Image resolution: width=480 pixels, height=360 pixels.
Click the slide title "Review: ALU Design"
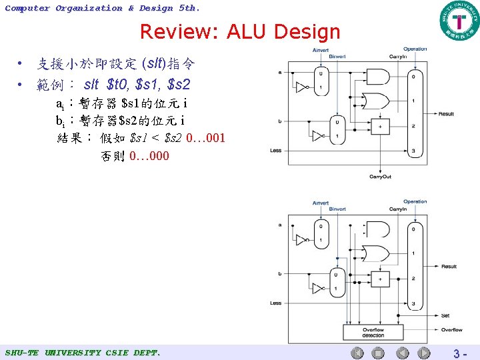tap(240, 31)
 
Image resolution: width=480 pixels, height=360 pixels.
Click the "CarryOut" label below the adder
tap(380, 177)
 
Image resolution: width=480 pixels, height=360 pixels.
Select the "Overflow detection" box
tap(373, 332)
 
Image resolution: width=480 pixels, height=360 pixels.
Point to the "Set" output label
tap(445, 316)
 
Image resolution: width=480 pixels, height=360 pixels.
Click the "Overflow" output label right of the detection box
tap(451, 329)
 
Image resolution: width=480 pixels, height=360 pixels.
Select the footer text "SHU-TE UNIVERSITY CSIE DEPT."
tap(83, 352)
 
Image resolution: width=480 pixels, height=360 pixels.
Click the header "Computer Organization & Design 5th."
tap(102, 8)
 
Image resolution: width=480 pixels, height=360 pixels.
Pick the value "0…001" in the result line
tap(206, 139)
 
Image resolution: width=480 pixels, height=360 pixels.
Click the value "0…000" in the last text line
tap(149, 156)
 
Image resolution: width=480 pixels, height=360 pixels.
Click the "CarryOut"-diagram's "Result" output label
tap(446, 114)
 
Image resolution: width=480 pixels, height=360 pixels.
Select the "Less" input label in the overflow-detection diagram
tap(276, 303)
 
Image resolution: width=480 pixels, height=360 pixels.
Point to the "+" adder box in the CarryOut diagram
tap(381, 126)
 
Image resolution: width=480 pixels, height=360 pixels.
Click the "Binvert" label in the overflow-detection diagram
tap(337, 209)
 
